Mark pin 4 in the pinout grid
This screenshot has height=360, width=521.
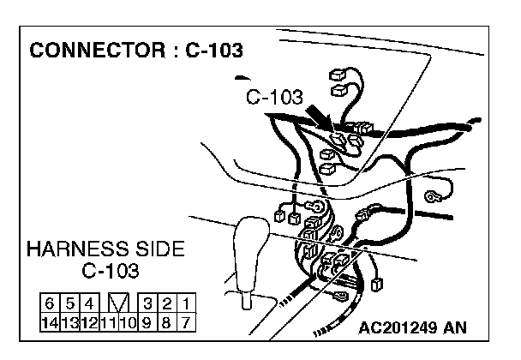(x=88, y=304)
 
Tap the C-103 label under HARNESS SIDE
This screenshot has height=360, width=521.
(x=111, y=273)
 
